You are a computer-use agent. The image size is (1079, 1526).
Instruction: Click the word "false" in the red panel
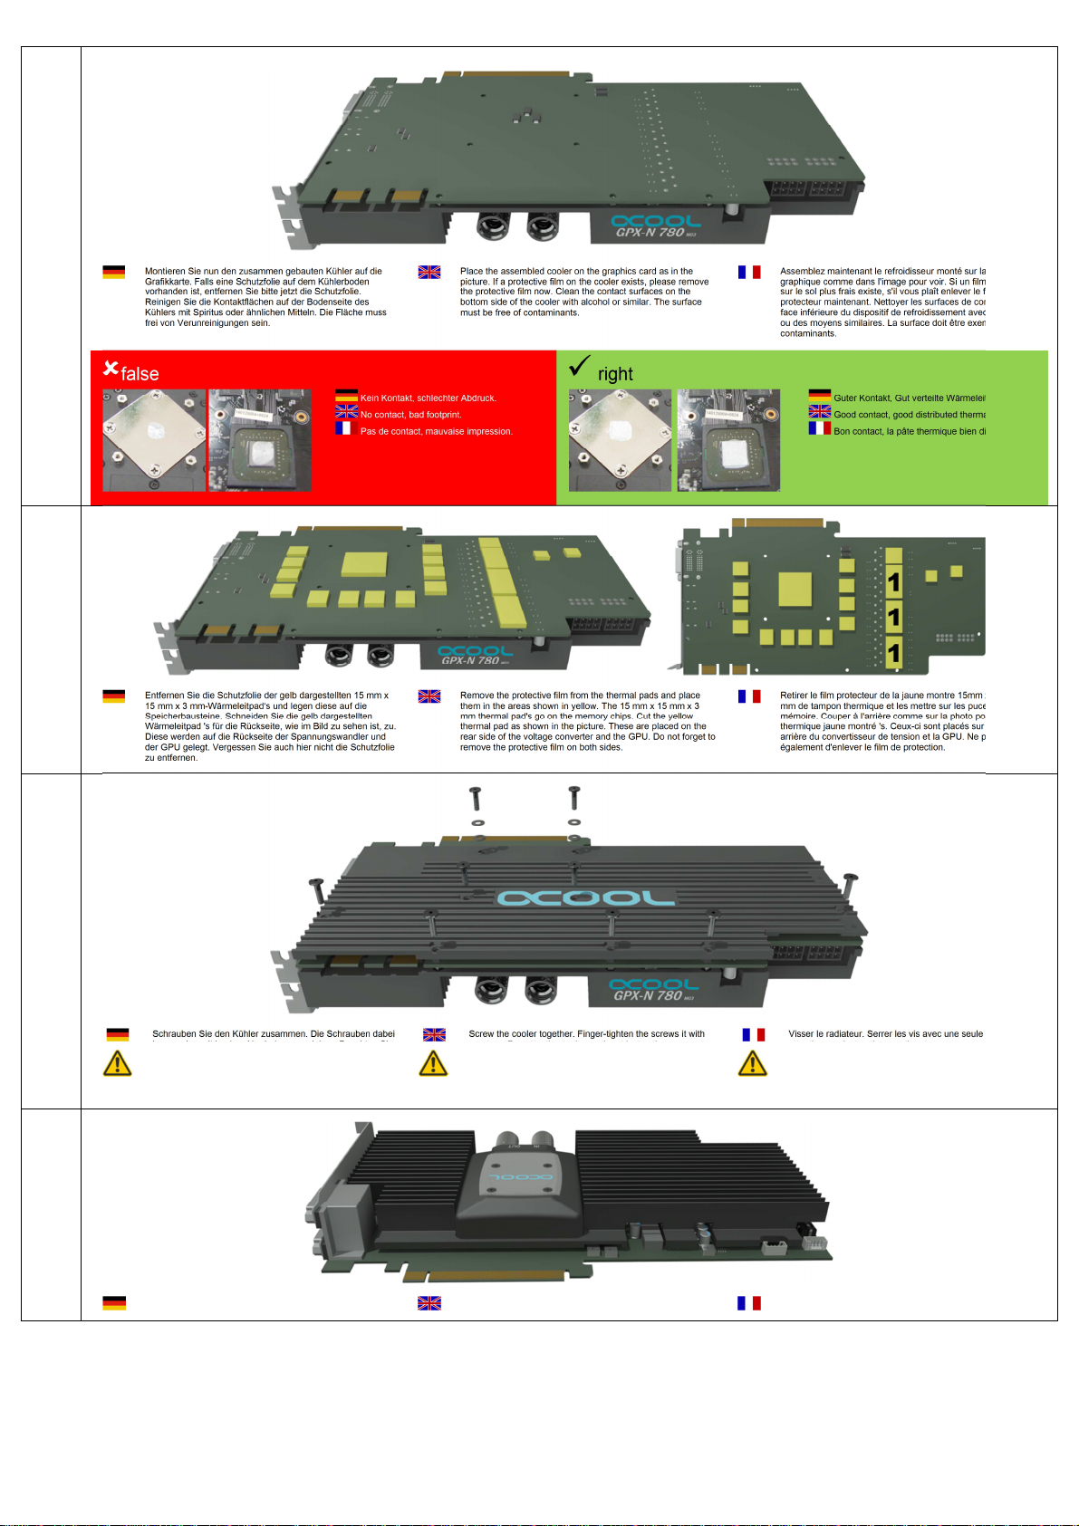pyautogui.click(x=140, y=374)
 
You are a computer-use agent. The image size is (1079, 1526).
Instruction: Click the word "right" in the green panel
pyautogui.click(x=615, y=374)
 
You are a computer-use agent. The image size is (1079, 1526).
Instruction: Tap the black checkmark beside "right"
pyautogui.click(x=580, y=366)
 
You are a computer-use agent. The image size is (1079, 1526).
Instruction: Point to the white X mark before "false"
pyautogui.click(x=111, y=368)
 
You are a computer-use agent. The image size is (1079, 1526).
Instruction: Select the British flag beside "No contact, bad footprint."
pyautogui.click(x=347, y=413)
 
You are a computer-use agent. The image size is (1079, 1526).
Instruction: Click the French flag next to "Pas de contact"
pyautogui.click(x=344, y=428)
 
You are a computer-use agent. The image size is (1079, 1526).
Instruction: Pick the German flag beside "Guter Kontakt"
pyautogui.click(x=820, y=396)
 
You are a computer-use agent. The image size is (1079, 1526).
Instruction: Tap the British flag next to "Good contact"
pyautogui.click(x=820, y=412)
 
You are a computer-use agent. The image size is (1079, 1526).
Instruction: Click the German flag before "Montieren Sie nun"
pyautogui.click(x=114, y=272)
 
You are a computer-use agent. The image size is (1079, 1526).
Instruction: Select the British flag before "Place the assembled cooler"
pyautogui.click(x=429, y=272)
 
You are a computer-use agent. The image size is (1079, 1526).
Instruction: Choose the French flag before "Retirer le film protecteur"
pyautogui.click(x=749, y=696)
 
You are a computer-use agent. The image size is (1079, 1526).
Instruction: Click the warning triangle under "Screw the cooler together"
pyautogui.click(x=434, y=1063)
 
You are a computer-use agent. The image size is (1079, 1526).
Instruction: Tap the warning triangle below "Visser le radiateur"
pyautogui.click(x=752, y=1063)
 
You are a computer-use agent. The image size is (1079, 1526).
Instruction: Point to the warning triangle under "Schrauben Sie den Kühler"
pyautogui.click(x=118, y=1063)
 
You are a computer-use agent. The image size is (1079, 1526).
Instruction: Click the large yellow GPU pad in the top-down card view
pyautogui.click(x=795, y=590)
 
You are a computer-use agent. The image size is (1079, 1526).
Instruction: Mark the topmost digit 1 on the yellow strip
pyautogui.click(x=893, y=582)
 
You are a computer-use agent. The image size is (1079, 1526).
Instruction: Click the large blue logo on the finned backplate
pyautogui.click(x=585, y=897)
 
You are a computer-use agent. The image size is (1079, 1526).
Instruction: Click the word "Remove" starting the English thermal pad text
pyautogui.click(x=477, y=696)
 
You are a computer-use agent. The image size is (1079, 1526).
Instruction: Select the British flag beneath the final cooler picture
pyautogui.click(x=429, y=1303)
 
